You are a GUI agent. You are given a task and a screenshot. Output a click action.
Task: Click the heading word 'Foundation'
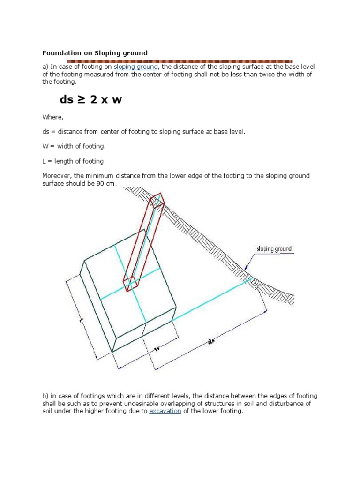point(59,53)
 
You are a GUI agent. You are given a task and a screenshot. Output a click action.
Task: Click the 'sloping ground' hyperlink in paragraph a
point(135,67)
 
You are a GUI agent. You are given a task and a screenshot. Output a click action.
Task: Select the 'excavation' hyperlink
point(165,411)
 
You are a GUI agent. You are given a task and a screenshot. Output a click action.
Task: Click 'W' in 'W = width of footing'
point(45,146)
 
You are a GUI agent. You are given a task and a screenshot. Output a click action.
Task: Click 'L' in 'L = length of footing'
point(44,161)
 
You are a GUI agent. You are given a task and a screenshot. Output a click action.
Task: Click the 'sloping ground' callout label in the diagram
point(274,248)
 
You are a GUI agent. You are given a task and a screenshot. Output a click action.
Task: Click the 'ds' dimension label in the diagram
point(210,342)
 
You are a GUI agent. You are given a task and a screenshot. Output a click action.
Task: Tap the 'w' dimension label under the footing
point(157,349)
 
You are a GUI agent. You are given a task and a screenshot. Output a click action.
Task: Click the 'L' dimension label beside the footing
point(82,320)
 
